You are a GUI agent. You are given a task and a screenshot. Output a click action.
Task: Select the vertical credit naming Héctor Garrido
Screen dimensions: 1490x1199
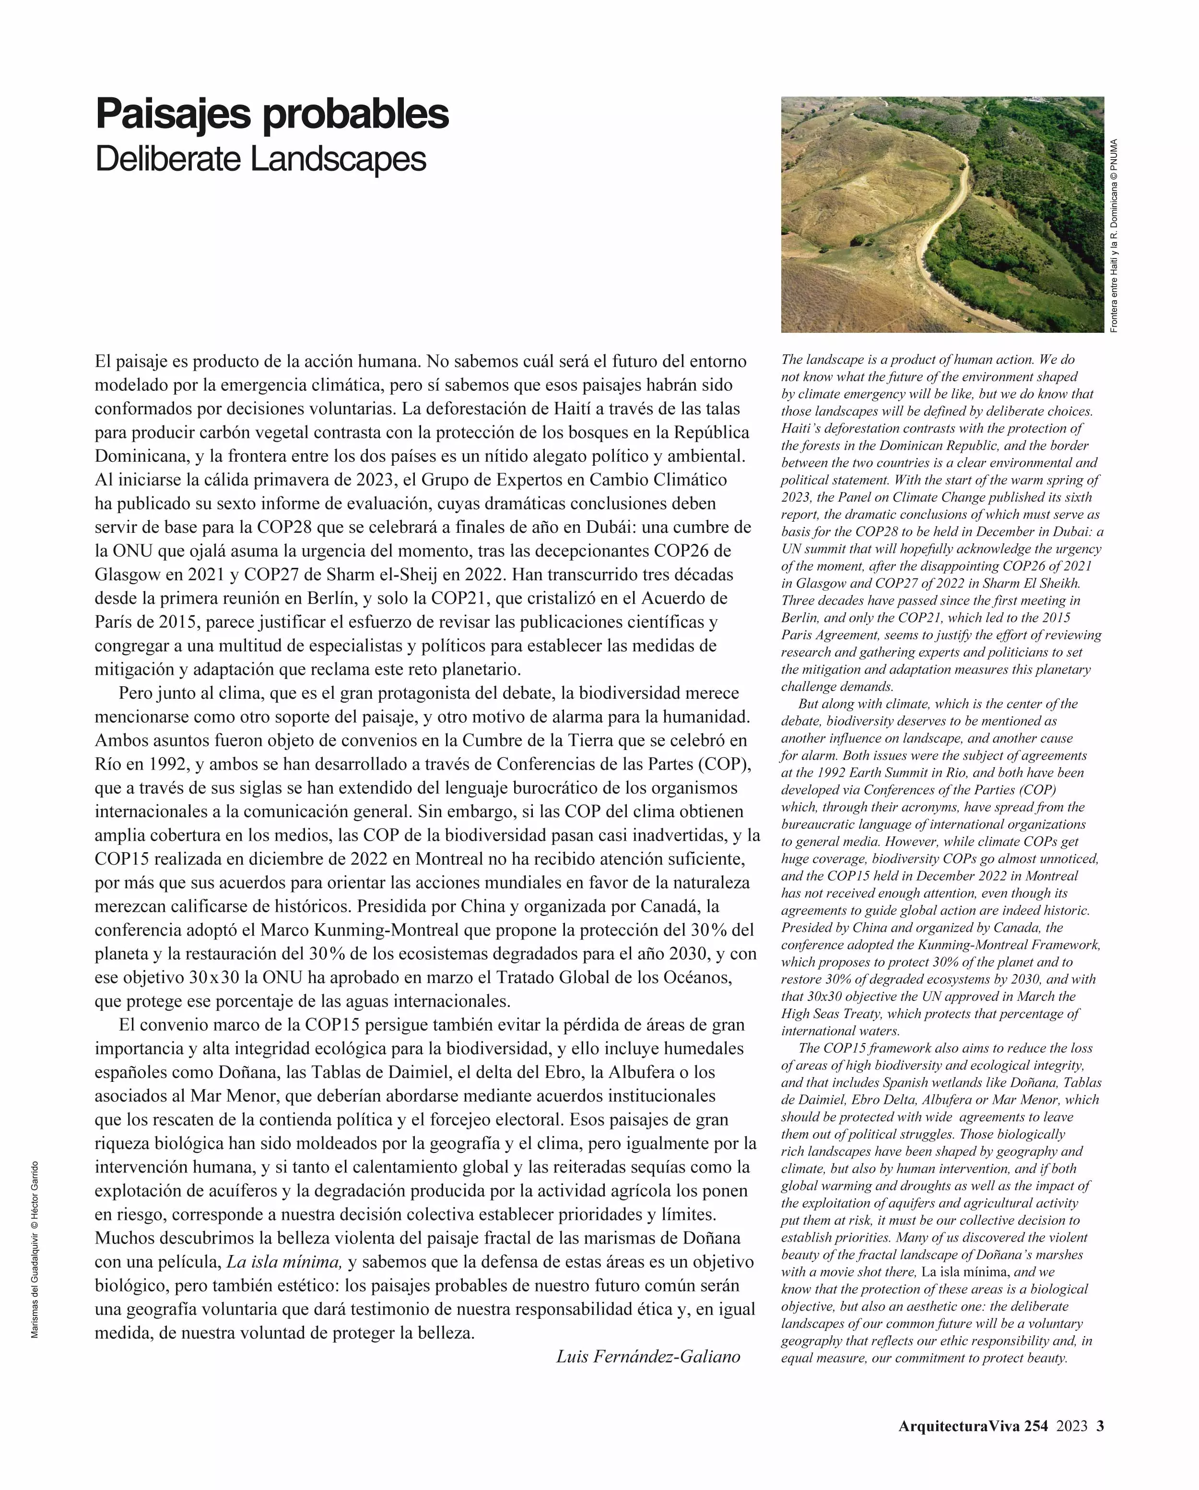tap(35, 1249)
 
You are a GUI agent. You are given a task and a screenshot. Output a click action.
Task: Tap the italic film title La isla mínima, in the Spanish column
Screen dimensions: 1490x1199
tap(284, 1262)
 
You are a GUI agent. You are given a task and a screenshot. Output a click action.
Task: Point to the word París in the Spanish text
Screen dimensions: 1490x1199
tap(113, 622)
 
